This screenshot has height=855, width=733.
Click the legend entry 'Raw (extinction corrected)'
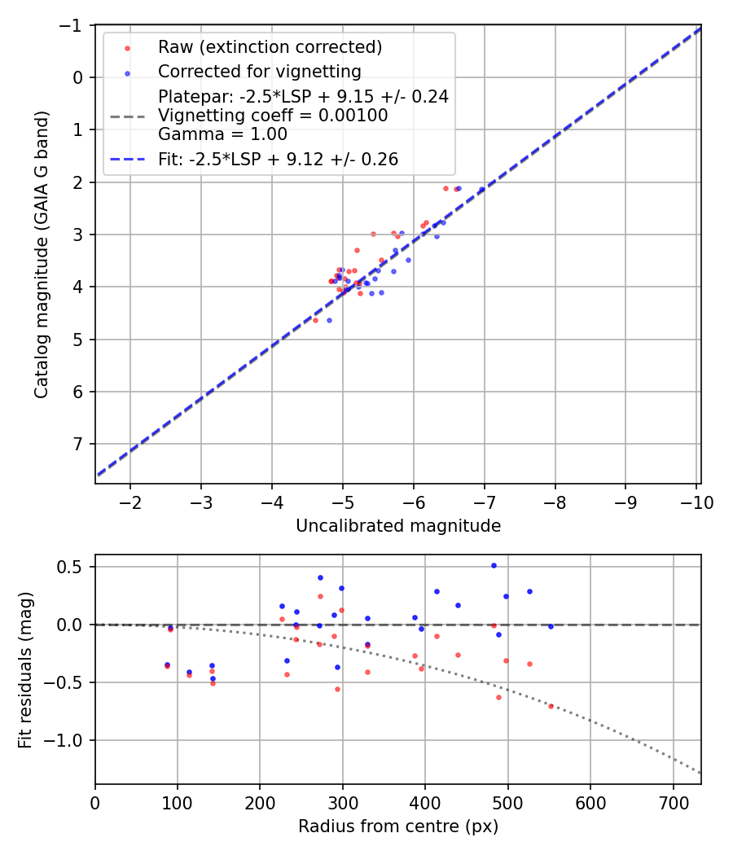coord(270,46)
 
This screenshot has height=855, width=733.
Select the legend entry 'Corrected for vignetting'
coord(259,71)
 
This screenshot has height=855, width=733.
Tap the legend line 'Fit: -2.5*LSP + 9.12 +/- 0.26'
coord(278,160)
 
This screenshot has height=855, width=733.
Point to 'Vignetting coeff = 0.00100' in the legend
coord(273,116)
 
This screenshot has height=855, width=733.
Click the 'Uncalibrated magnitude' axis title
coord(398,526)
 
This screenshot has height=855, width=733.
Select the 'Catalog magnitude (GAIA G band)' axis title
coord(42,254)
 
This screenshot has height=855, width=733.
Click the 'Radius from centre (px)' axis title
coord(398,826)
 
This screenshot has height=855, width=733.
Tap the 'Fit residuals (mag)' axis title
coord(25,670)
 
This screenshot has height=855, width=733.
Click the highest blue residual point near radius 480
coord(494,565)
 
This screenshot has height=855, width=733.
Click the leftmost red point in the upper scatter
coord(315,320)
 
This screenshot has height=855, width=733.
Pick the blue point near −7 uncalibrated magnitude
coord(481,190)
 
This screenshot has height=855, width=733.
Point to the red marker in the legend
coord(127,47)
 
